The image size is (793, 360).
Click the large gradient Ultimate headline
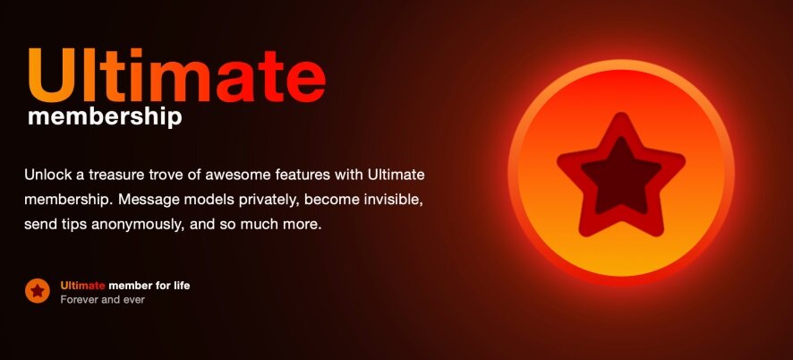[177, 76]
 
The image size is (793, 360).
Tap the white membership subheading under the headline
[105, 118]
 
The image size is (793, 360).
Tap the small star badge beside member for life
[38, 291]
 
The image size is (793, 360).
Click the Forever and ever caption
[103, 299]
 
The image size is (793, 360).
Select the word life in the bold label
[181, 286]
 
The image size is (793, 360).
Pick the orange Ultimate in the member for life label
[82, 286]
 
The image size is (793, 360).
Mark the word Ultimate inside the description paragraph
[396, 176]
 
